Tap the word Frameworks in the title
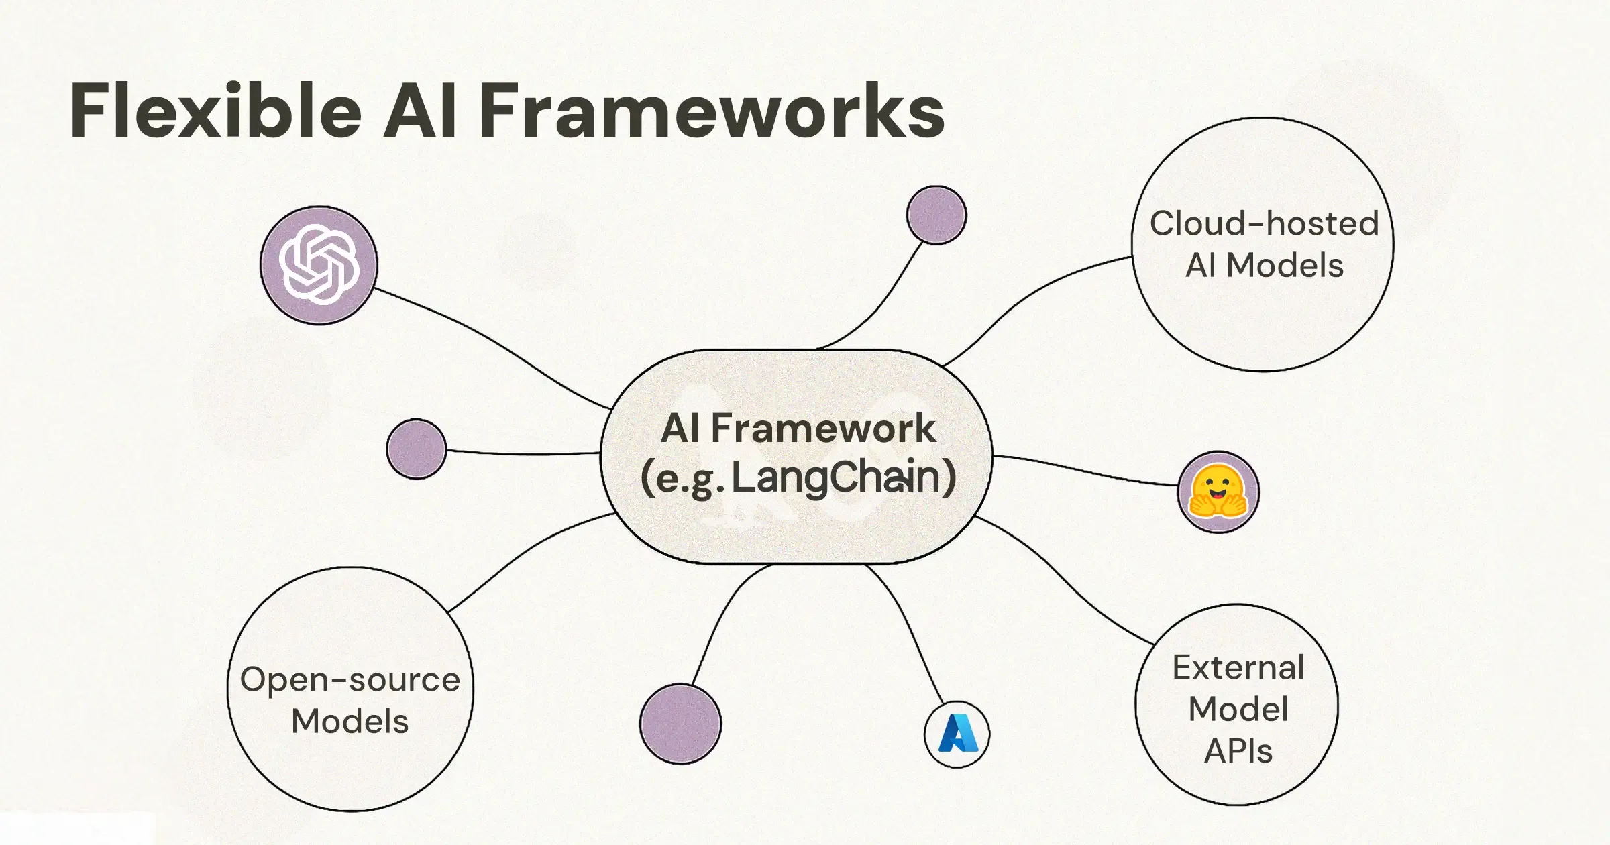(x=711, y=111)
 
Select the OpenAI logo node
(x=319, y=265)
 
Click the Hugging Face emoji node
(x=1218, y=492)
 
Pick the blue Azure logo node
(x=957, y=734)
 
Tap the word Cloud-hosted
(x=1264, y=223)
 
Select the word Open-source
(x=350, y=679)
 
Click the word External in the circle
(x=1238, y=667)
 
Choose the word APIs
(x=1238, y=750)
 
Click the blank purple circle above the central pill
(x=936, y=215)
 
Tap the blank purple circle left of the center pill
(x=417, y=449)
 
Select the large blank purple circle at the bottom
(x=680, y=724)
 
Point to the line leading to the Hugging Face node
(x=1087, y=471)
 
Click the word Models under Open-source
(x=350, y=722)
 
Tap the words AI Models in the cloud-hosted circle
(x=1264, y=266)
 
